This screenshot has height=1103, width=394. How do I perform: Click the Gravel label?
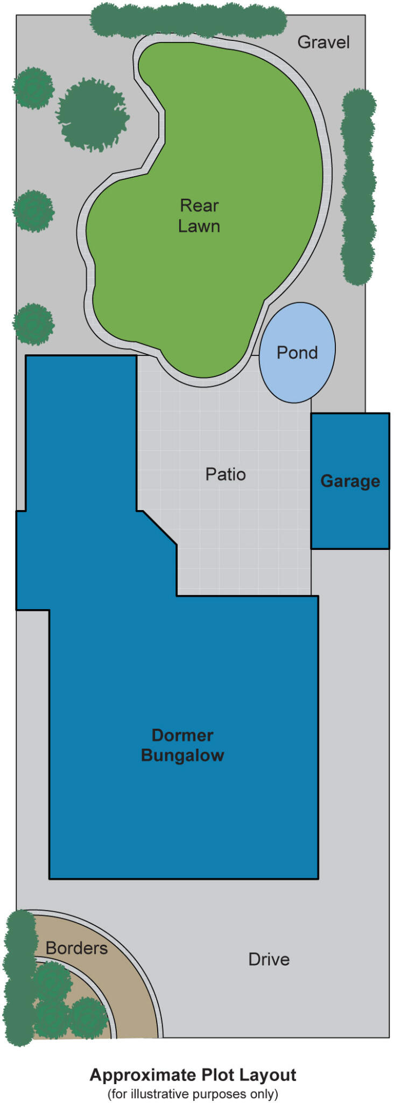[323, 42]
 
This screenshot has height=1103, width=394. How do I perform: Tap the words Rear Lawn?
[199, 215]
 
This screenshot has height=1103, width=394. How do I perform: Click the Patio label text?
[226, 474]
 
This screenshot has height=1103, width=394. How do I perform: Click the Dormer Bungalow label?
[182, 745]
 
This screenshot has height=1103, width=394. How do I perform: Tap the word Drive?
[269, 959]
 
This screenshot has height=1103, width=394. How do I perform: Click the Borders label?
[76, 948]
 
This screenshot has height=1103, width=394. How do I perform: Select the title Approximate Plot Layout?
[193, 1075]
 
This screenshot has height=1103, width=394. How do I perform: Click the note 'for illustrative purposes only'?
[193, 1094]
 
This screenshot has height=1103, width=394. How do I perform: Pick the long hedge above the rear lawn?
[188, 20]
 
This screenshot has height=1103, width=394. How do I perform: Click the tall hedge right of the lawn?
[358, 186]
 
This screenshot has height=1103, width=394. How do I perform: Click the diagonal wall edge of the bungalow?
[160, 528]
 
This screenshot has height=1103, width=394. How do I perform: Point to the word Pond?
[297, 353]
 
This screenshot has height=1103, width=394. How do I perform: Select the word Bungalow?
[182, 756]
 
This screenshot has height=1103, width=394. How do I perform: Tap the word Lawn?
[199, 226]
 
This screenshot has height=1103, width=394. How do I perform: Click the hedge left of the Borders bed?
[19, 978]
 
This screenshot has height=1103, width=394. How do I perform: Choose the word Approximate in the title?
[143, 1075]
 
